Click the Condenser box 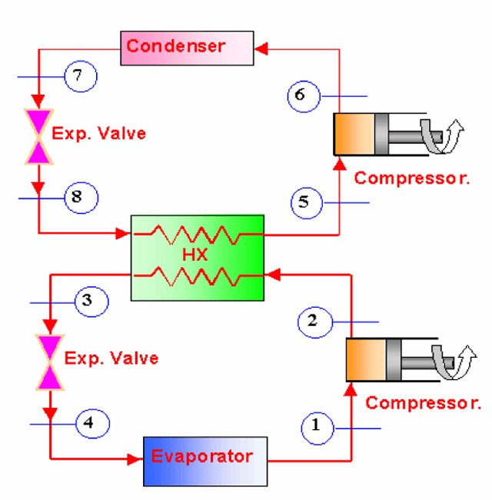[187, 47]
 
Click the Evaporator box [205, 461]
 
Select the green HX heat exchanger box [198, 258]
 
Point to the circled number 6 [301, 95]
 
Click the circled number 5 [305, 202]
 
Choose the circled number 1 [317, 427]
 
